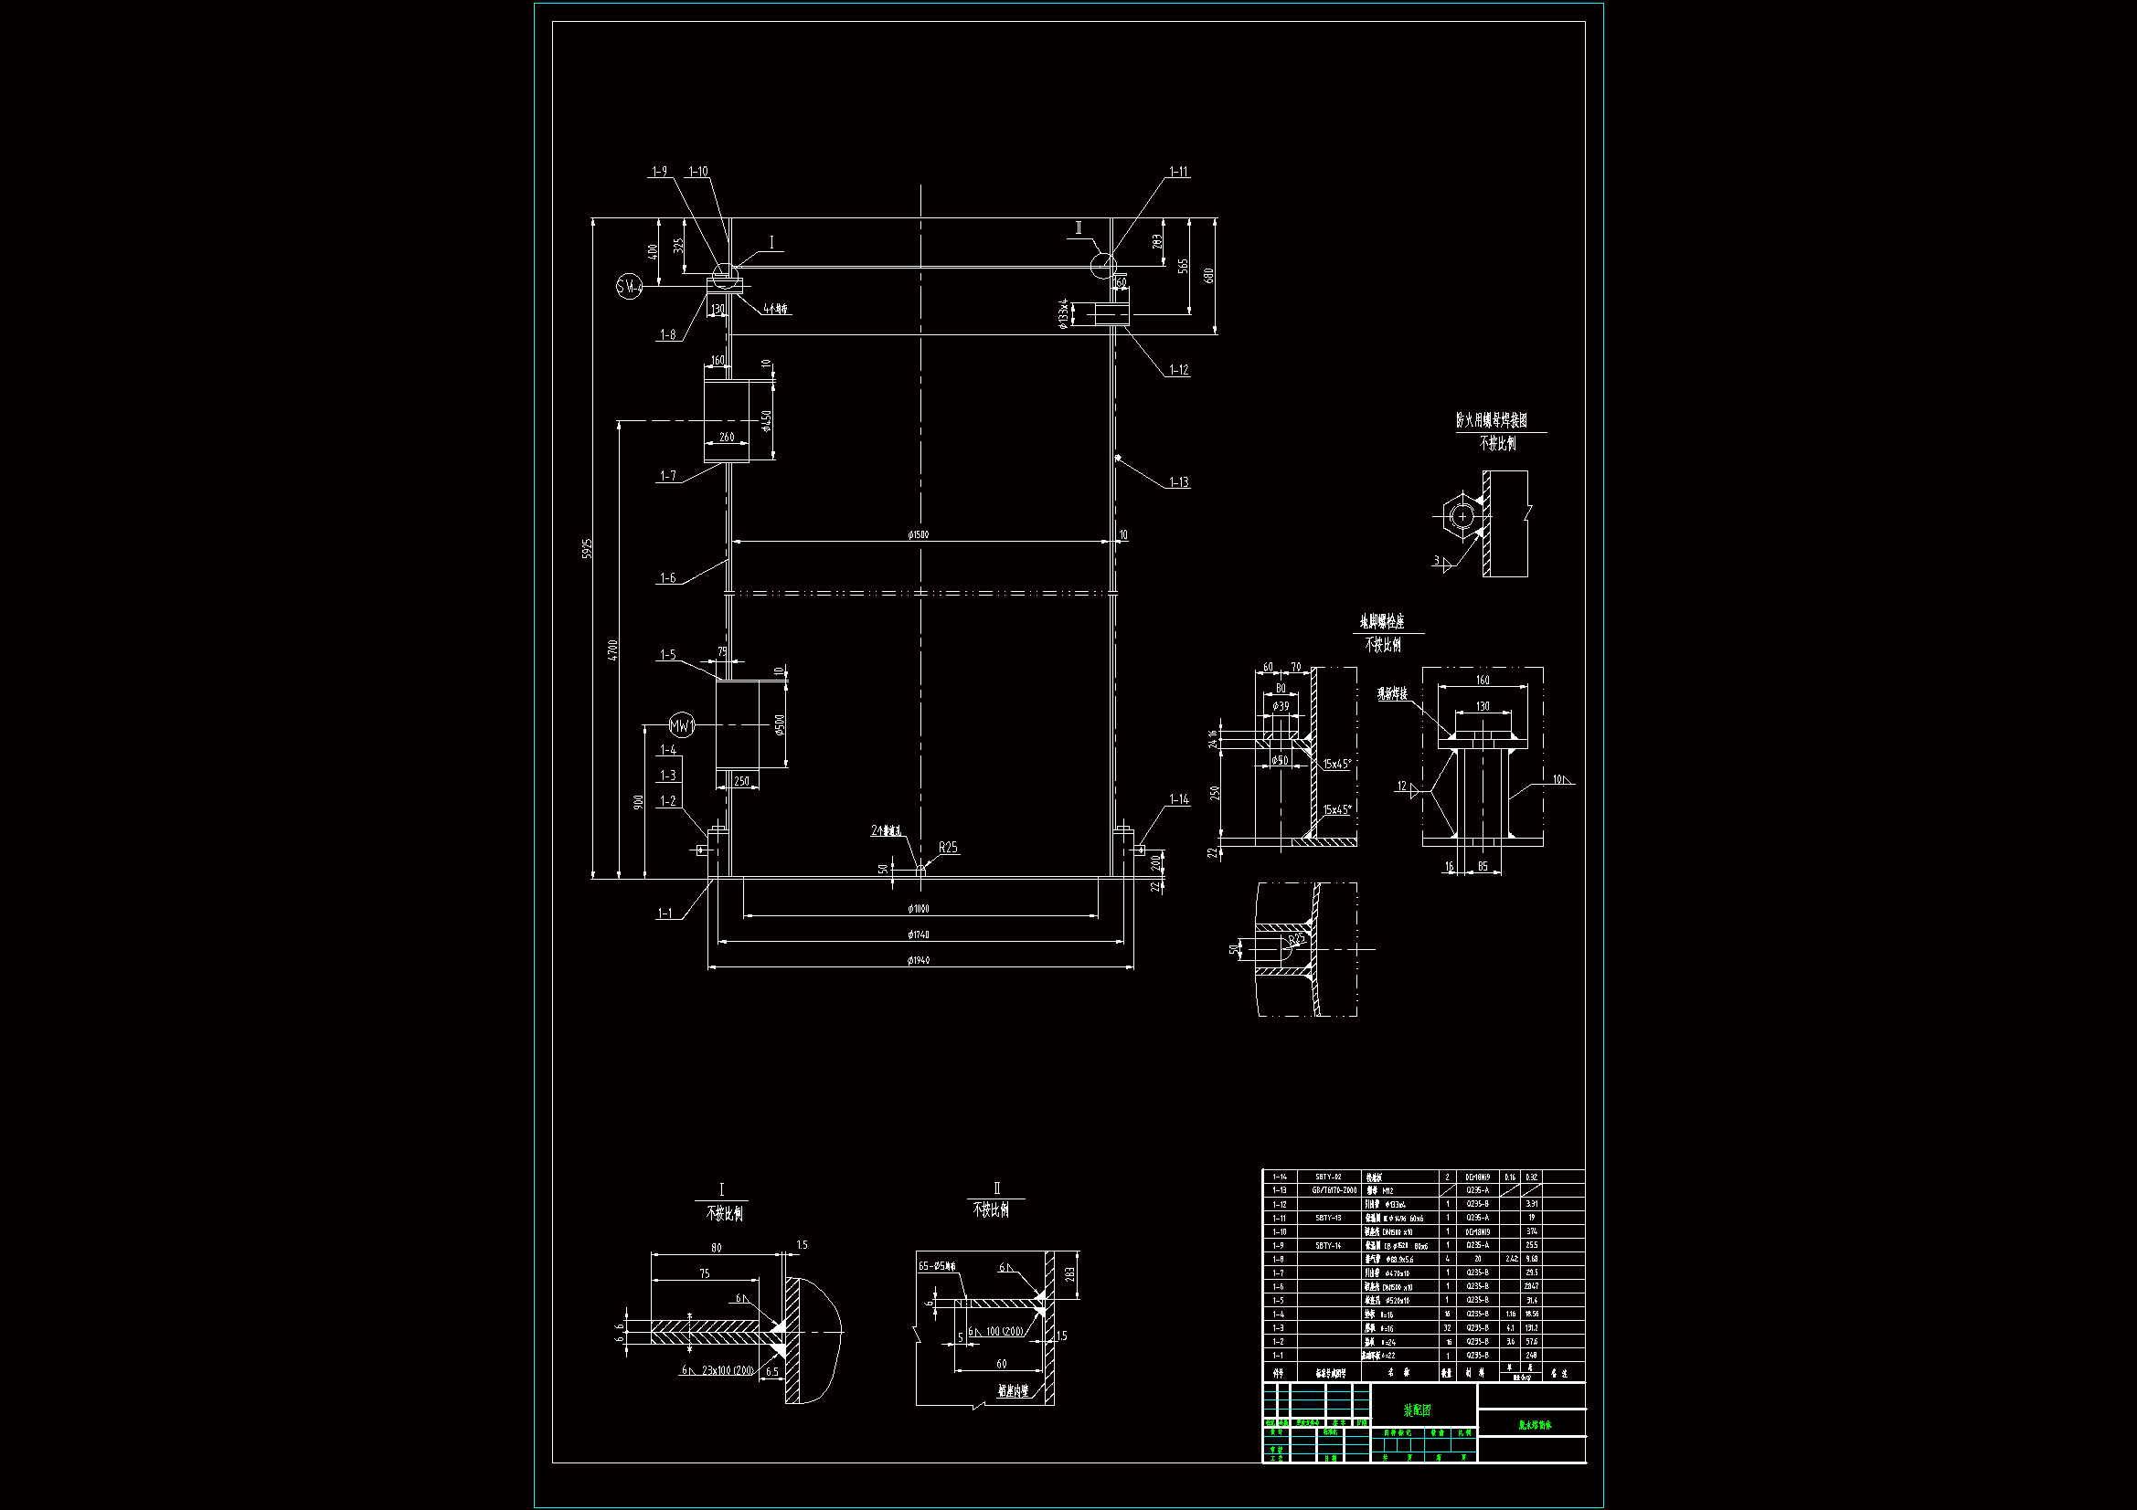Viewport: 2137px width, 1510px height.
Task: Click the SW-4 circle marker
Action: pos(630,287)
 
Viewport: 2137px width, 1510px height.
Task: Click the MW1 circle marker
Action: pos(682,725)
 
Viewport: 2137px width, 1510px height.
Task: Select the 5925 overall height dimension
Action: pos(587,548)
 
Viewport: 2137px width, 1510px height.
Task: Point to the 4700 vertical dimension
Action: pos(612,649)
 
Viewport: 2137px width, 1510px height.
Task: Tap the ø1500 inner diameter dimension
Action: pos(918,535)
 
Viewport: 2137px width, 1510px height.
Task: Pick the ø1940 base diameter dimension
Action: pos(918,960)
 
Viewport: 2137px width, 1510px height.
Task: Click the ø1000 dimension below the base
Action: pos(918,909)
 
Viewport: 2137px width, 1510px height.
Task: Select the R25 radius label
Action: pos(948,848)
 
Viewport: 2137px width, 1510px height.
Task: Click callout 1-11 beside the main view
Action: pos(1178,172)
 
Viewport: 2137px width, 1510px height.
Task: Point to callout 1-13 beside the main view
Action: pos(1178,483)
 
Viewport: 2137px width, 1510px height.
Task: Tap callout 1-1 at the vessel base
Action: pos(664,913)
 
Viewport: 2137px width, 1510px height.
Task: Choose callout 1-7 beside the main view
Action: pos(668,476)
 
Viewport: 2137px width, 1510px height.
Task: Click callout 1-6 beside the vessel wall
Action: pos(667,578)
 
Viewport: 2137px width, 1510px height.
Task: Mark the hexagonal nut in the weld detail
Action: pos(1462,516)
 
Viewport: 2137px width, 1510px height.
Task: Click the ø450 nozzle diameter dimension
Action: pos(767,420)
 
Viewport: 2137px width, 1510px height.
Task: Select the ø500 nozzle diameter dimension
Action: pos(780,723)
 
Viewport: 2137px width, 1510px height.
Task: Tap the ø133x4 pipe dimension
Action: pos(1063,313)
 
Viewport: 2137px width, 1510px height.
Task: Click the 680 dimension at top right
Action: pos(1208,275)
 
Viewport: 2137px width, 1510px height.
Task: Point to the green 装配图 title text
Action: pos(1417,1410)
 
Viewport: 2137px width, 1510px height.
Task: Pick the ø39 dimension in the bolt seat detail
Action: pos(1281,706)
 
